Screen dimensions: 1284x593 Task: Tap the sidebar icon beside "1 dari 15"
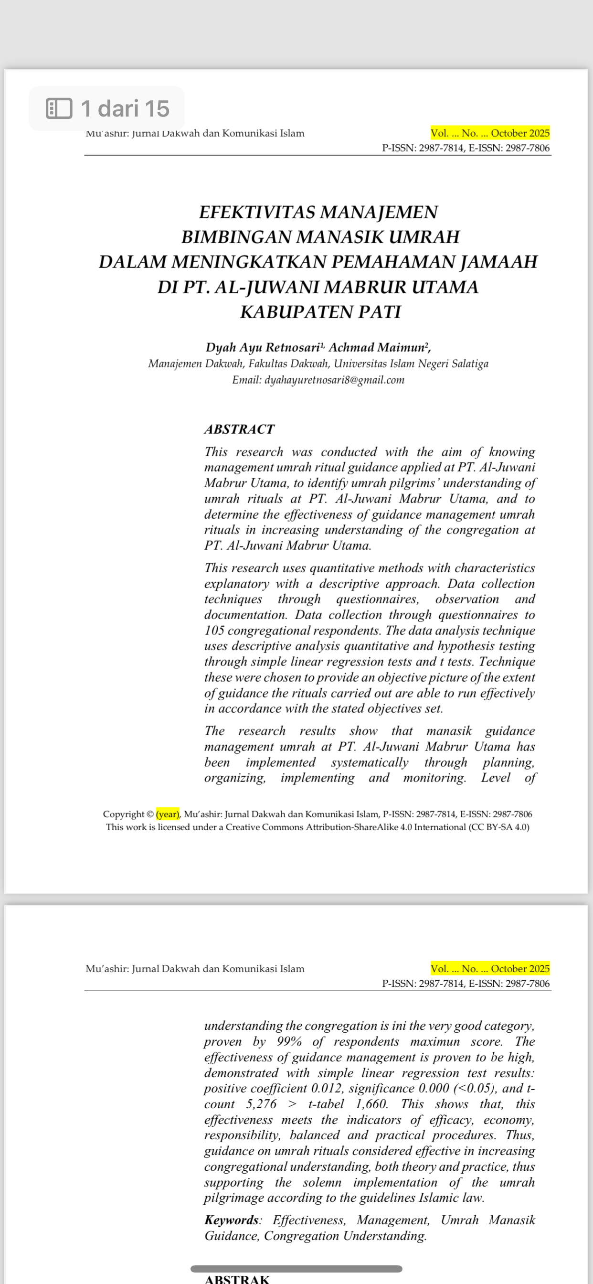59,108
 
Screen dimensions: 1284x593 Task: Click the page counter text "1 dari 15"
125,108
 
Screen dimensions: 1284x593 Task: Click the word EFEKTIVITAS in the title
257,213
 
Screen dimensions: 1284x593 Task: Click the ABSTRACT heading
239,429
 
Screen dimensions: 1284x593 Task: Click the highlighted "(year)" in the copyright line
168,814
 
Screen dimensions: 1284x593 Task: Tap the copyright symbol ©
150,814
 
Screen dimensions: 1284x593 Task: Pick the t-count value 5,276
261,1104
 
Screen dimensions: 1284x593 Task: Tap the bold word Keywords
231,1220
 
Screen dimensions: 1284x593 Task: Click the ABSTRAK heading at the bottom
237,1279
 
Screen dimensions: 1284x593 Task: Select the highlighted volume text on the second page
490,968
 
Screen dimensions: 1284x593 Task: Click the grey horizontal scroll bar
296,1269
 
